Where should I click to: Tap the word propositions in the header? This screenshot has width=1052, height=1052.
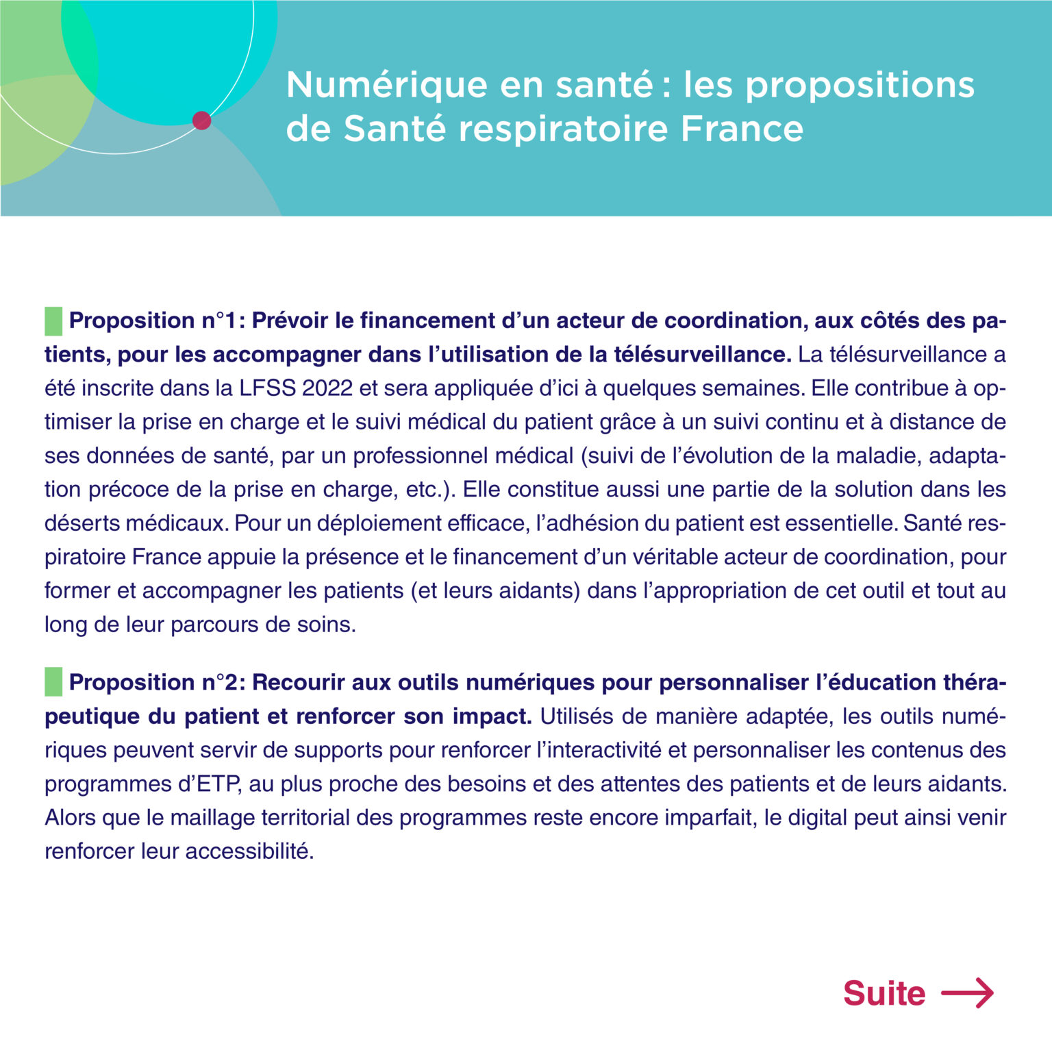(860, 86)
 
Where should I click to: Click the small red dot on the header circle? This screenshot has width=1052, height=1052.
(201, 121)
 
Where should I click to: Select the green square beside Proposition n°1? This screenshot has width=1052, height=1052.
(53, 321)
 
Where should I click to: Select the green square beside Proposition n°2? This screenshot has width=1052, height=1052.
(53, 682)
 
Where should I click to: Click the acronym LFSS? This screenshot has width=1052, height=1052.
(268, 388)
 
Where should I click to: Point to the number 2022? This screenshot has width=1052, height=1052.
(327, 388)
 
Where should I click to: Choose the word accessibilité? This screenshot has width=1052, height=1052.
(249, 851)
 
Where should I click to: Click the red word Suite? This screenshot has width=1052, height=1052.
(884, 993)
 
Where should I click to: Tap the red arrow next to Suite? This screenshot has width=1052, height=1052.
(967, 993)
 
